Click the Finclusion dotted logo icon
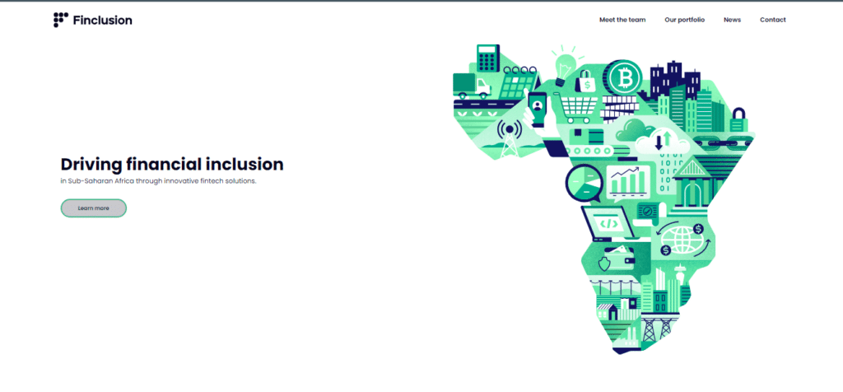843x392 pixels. tap(61, 20)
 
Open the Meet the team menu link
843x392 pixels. tap(622, 20)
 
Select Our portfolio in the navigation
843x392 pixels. tap(684, 20)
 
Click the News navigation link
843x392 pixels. tap(732, 20)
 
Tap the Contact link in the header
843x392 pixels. tap(772, 20)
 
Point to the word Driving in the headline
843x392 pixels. tap(91, 165)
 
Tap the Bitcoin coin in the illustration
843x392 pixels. tap(624, 78)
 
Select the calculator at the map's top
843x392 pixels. tap(488, 58)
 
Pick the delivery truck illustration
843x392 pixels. tap(472, 86)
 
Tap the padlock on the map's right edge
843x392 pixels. tap(739, 120)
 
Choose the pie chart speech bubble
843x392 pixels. tap(584, 183)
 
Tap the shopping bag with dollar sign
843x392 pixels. tap(586, 82)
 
